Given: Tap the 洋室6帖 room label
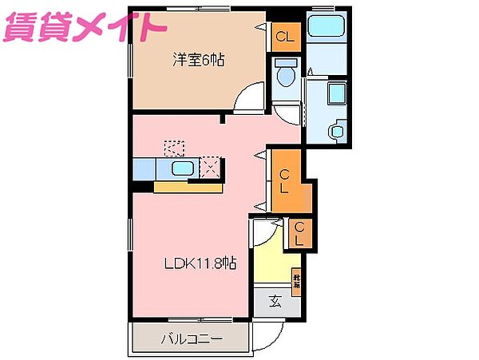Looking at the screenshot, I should click(x=196, y=58).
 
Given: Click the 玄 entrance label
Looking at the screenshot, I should click(x=274, y=301).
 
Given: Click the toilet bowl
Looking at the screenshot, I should click(x=284, y=74).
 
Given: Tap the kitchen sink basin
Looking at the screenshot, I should click(x=183, y=168).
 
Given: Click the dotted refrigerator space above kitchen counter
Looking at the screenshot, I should click(x=173, y=148).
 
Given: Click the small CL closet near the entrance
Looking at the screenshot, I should click(x=299, y=232).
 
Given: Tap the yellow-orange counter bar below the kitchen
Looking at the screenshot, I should click(x=188, y=187).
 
